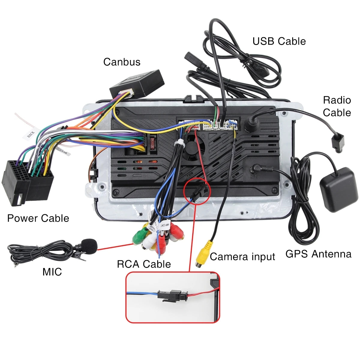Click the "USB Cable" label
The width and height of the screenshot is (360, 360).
279,41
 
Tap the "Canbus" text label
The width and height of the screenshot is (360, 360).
122,62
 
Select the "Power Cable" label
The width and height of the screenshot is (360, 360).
38,218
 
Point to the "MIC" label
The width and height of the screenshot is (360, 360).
52,271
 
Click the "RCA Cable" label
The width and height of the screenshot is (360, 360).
144,264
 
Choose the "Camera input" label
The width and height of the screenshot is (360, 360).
242,257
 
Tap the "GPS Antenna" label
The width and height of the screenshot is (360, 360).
318,254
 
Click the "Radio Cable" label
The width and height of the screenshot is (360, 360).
337,106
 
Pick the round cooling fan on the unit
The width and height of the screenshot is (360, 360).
194,147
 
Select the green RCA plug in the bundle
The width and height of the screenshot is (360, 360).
139,237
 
